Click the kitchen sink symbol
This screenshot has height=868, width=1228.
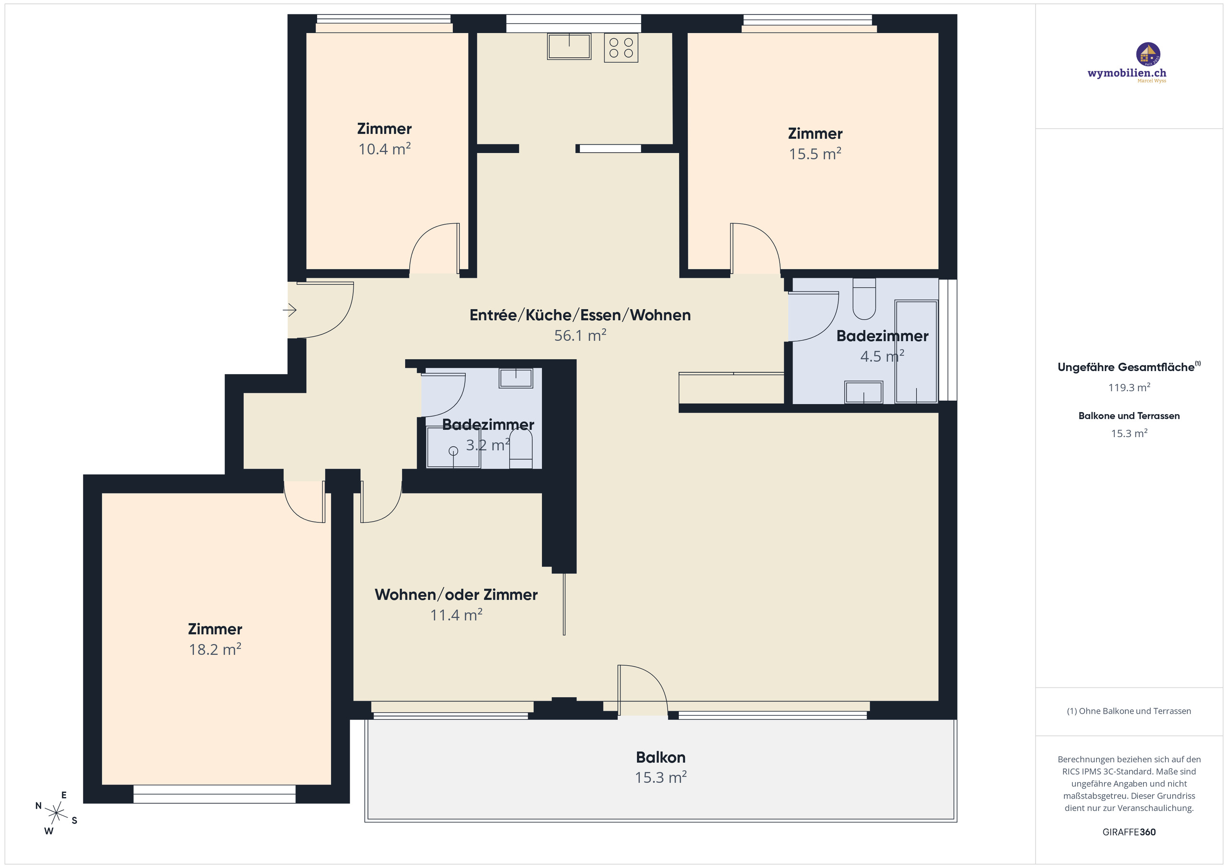point(568,46)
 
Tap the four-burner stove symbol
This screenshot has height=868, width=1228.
point(621,47)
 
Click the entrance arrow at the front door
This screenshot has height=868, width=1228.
point(290,310)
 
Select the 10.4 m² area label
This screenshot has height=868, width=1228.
point(384,149)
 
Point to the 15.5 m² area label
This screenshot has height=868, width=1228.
point(815,154)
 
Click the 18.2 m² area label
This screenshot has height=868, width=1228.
point(214,649)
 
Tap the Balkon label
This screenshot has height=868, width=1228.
point(661,757)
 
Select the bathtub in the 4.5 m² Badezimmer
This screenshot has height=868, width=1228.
point(916,351)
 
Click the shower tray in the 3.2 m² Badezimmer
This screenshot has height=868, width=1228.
point(453,447)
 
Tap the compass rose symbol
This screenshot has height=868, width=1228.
point(56,813)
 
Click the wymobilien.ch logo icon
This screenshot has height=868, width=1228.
point(1148,54)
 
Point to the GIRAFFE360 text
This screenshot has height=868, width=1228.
point(1129,832)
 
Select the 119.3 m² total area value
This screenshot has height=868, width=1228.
point(1129,387)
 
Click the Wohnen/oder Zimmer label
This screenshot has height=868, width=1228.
point(456,594)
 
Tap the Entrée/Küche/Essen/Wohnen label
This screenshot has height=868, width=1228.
point(580,315)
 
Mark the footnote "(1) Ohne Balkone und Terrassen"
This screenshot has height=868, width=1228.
point(1129,711)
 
